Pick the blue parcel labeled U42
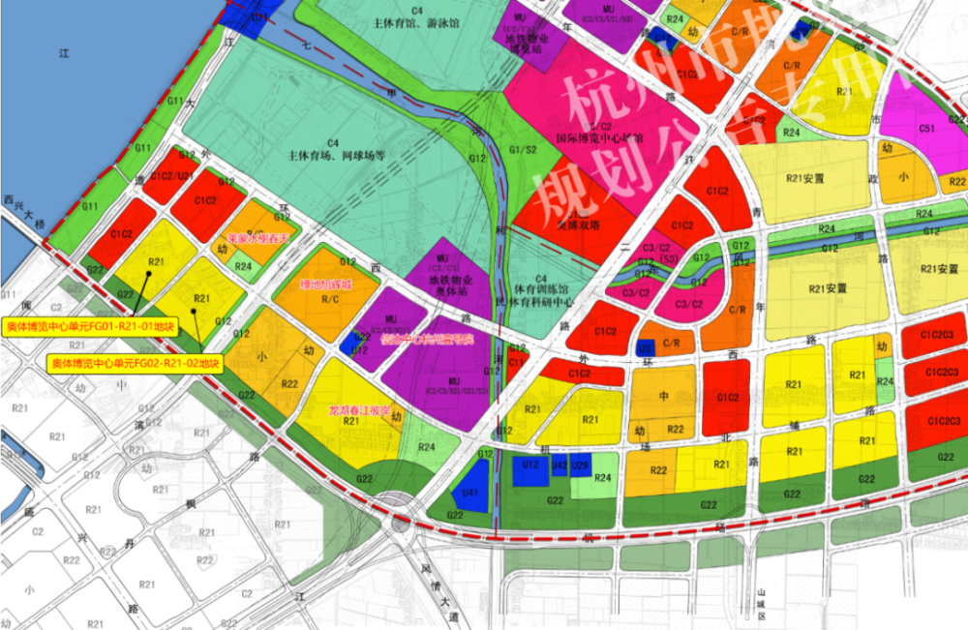(x=559, y=465)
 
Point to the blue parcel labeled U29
(x=581, y=465)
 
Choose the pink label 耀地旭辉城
(x=326, y=285)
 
